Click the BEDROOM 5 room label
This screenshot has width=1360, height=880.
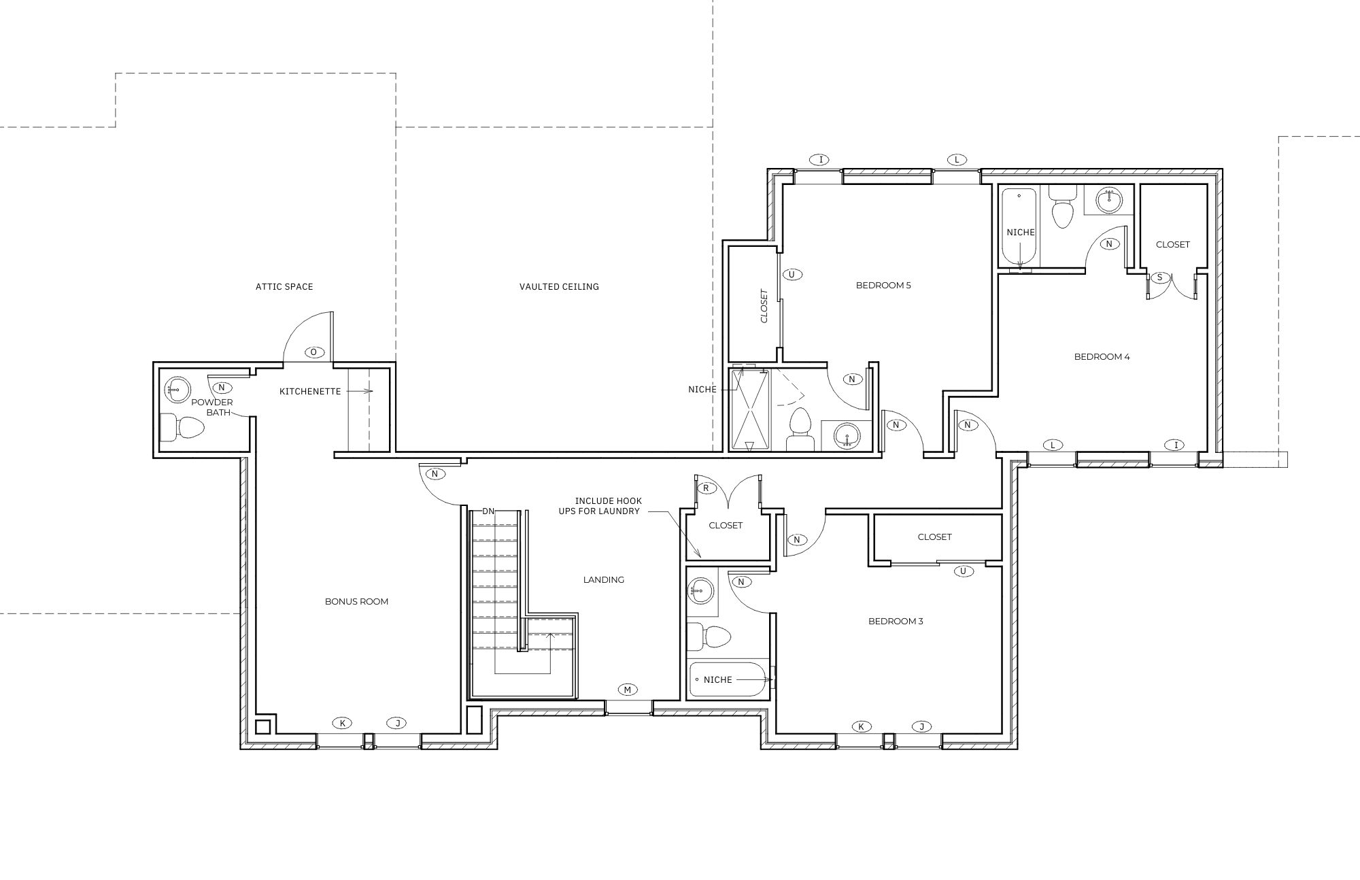point(883,286)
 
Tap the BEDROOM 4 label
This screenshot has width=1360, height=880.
point(1102,357)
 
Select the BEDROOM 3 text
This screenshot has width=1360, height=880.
point(895,622)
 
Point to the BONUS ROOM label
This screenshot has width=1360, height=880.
point(356,602)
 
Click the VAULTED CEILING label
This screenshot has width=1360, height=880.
point(559,287)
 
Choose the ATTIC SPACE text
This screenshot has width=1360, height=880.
point(284,287)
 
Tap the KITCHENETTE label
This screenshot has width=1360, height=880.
point(310,392)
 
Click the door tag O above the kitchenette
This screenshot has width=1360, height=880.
point(314,352)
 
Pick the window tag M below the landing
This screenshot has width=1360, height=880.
point(628,690)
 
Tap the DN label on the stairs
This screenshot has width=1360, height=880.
point(488,511)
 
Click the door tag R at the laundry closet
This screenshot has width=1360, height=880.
point(706,488)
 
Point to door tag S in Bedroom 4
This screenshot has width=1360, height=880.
point(1159,277)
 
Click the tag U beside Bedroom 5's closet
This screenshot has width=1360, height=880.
point(792,275)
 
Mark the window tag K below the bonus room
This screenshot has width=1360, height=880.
point(342,723)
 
